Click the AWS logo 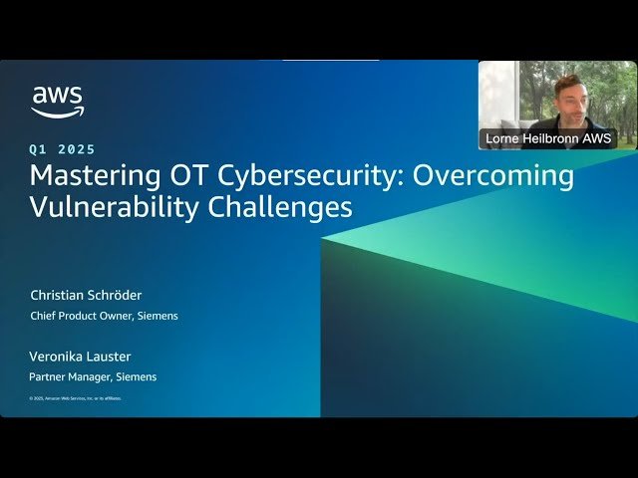[57, 102]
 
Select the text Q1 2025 [63, 149]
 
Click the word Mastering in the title [89, 176]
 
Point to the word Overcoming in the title [492, 176]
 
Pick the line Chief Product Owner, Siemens [104, 317]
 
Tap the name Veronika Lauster [80, 357]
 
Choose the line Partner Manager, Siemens [93, 377]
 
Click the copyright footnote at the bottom [75, 398]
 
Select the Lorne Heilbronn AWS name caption [548, 138]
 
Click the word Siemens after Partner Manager [137, 377]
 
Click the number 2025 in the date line [77, 149]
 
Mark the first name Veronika [57, 357]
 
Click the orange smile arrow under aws [58, 114]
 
